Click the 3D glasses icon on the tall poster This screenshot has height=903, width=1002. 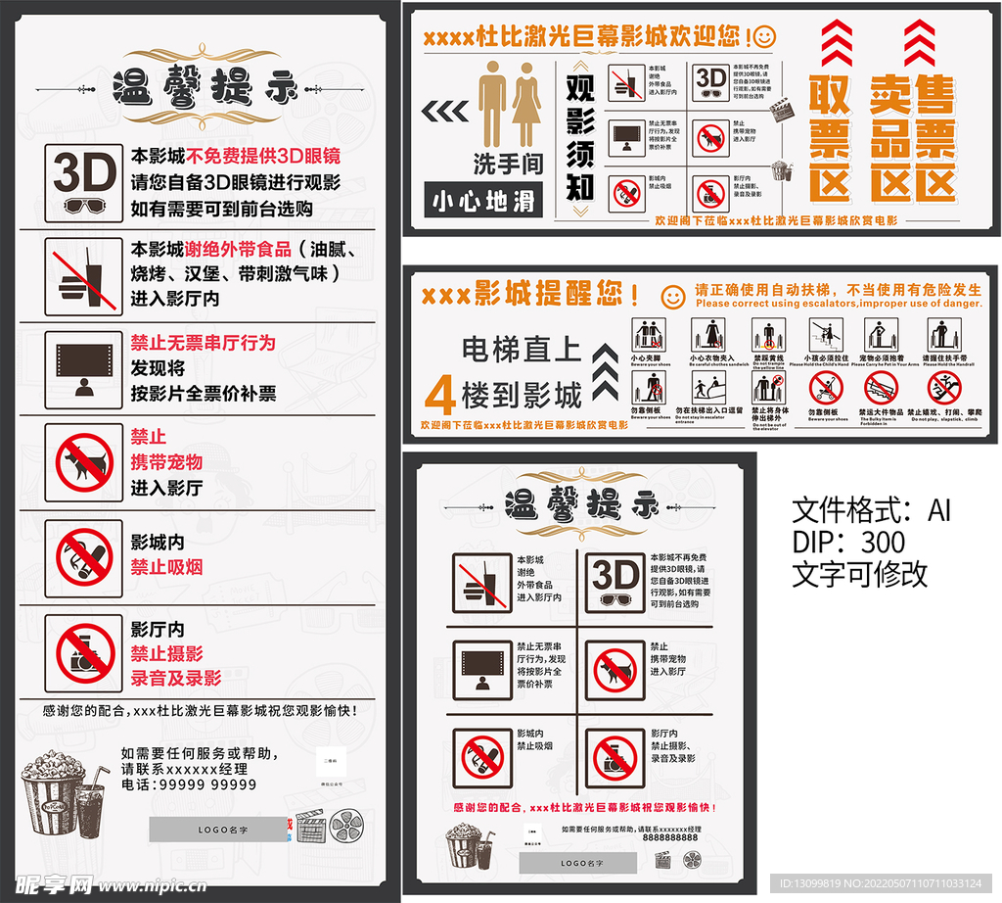click(84, 183)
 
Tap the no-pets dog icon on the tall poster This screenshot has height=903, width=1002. click(84, 463)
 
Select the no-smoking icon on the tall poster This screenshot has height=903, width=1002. click(84, 557)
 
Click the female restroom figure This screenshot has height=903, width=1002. click(526, 105)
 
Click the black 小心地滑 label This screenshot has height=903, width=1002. click(484, 201)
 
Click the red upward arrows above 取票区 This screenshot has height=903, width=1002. click(836, 43)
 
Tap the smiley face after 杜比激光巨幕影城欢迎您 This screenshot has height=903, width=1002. click(764, 36)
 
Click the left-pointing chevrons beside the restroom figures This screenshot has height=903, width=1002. click(445, 111)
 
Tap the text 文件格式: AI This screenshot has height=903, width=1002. click(870, 510)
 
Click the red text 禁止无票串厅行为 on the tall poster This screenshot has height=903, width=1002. click(204, 343)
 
